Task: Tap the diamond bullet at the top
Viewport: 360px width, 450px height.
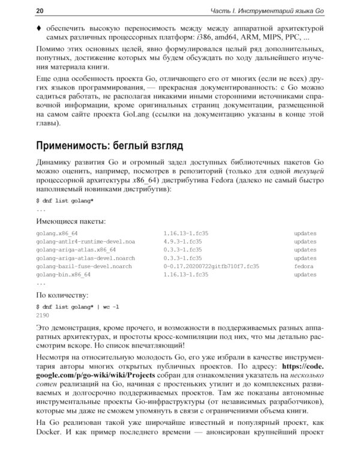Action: [x=39, y=28]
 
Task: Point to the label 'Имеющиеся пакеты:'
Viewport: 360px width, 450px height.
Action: [x=71, y=221]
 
